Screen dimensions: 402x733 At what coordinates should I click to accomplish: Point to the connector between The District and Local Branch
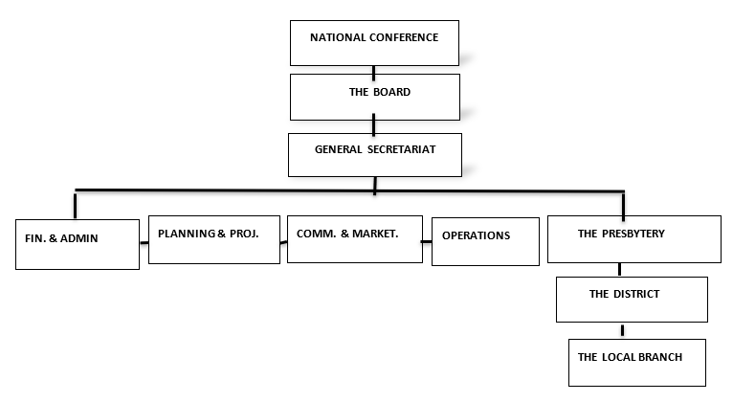point(624,330)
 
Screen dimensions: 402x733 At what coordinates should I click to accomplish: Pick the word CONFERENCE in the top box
point(405,38)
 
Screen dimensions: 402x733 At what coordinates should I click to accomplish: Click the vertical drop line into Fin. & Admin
point(74,204)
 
